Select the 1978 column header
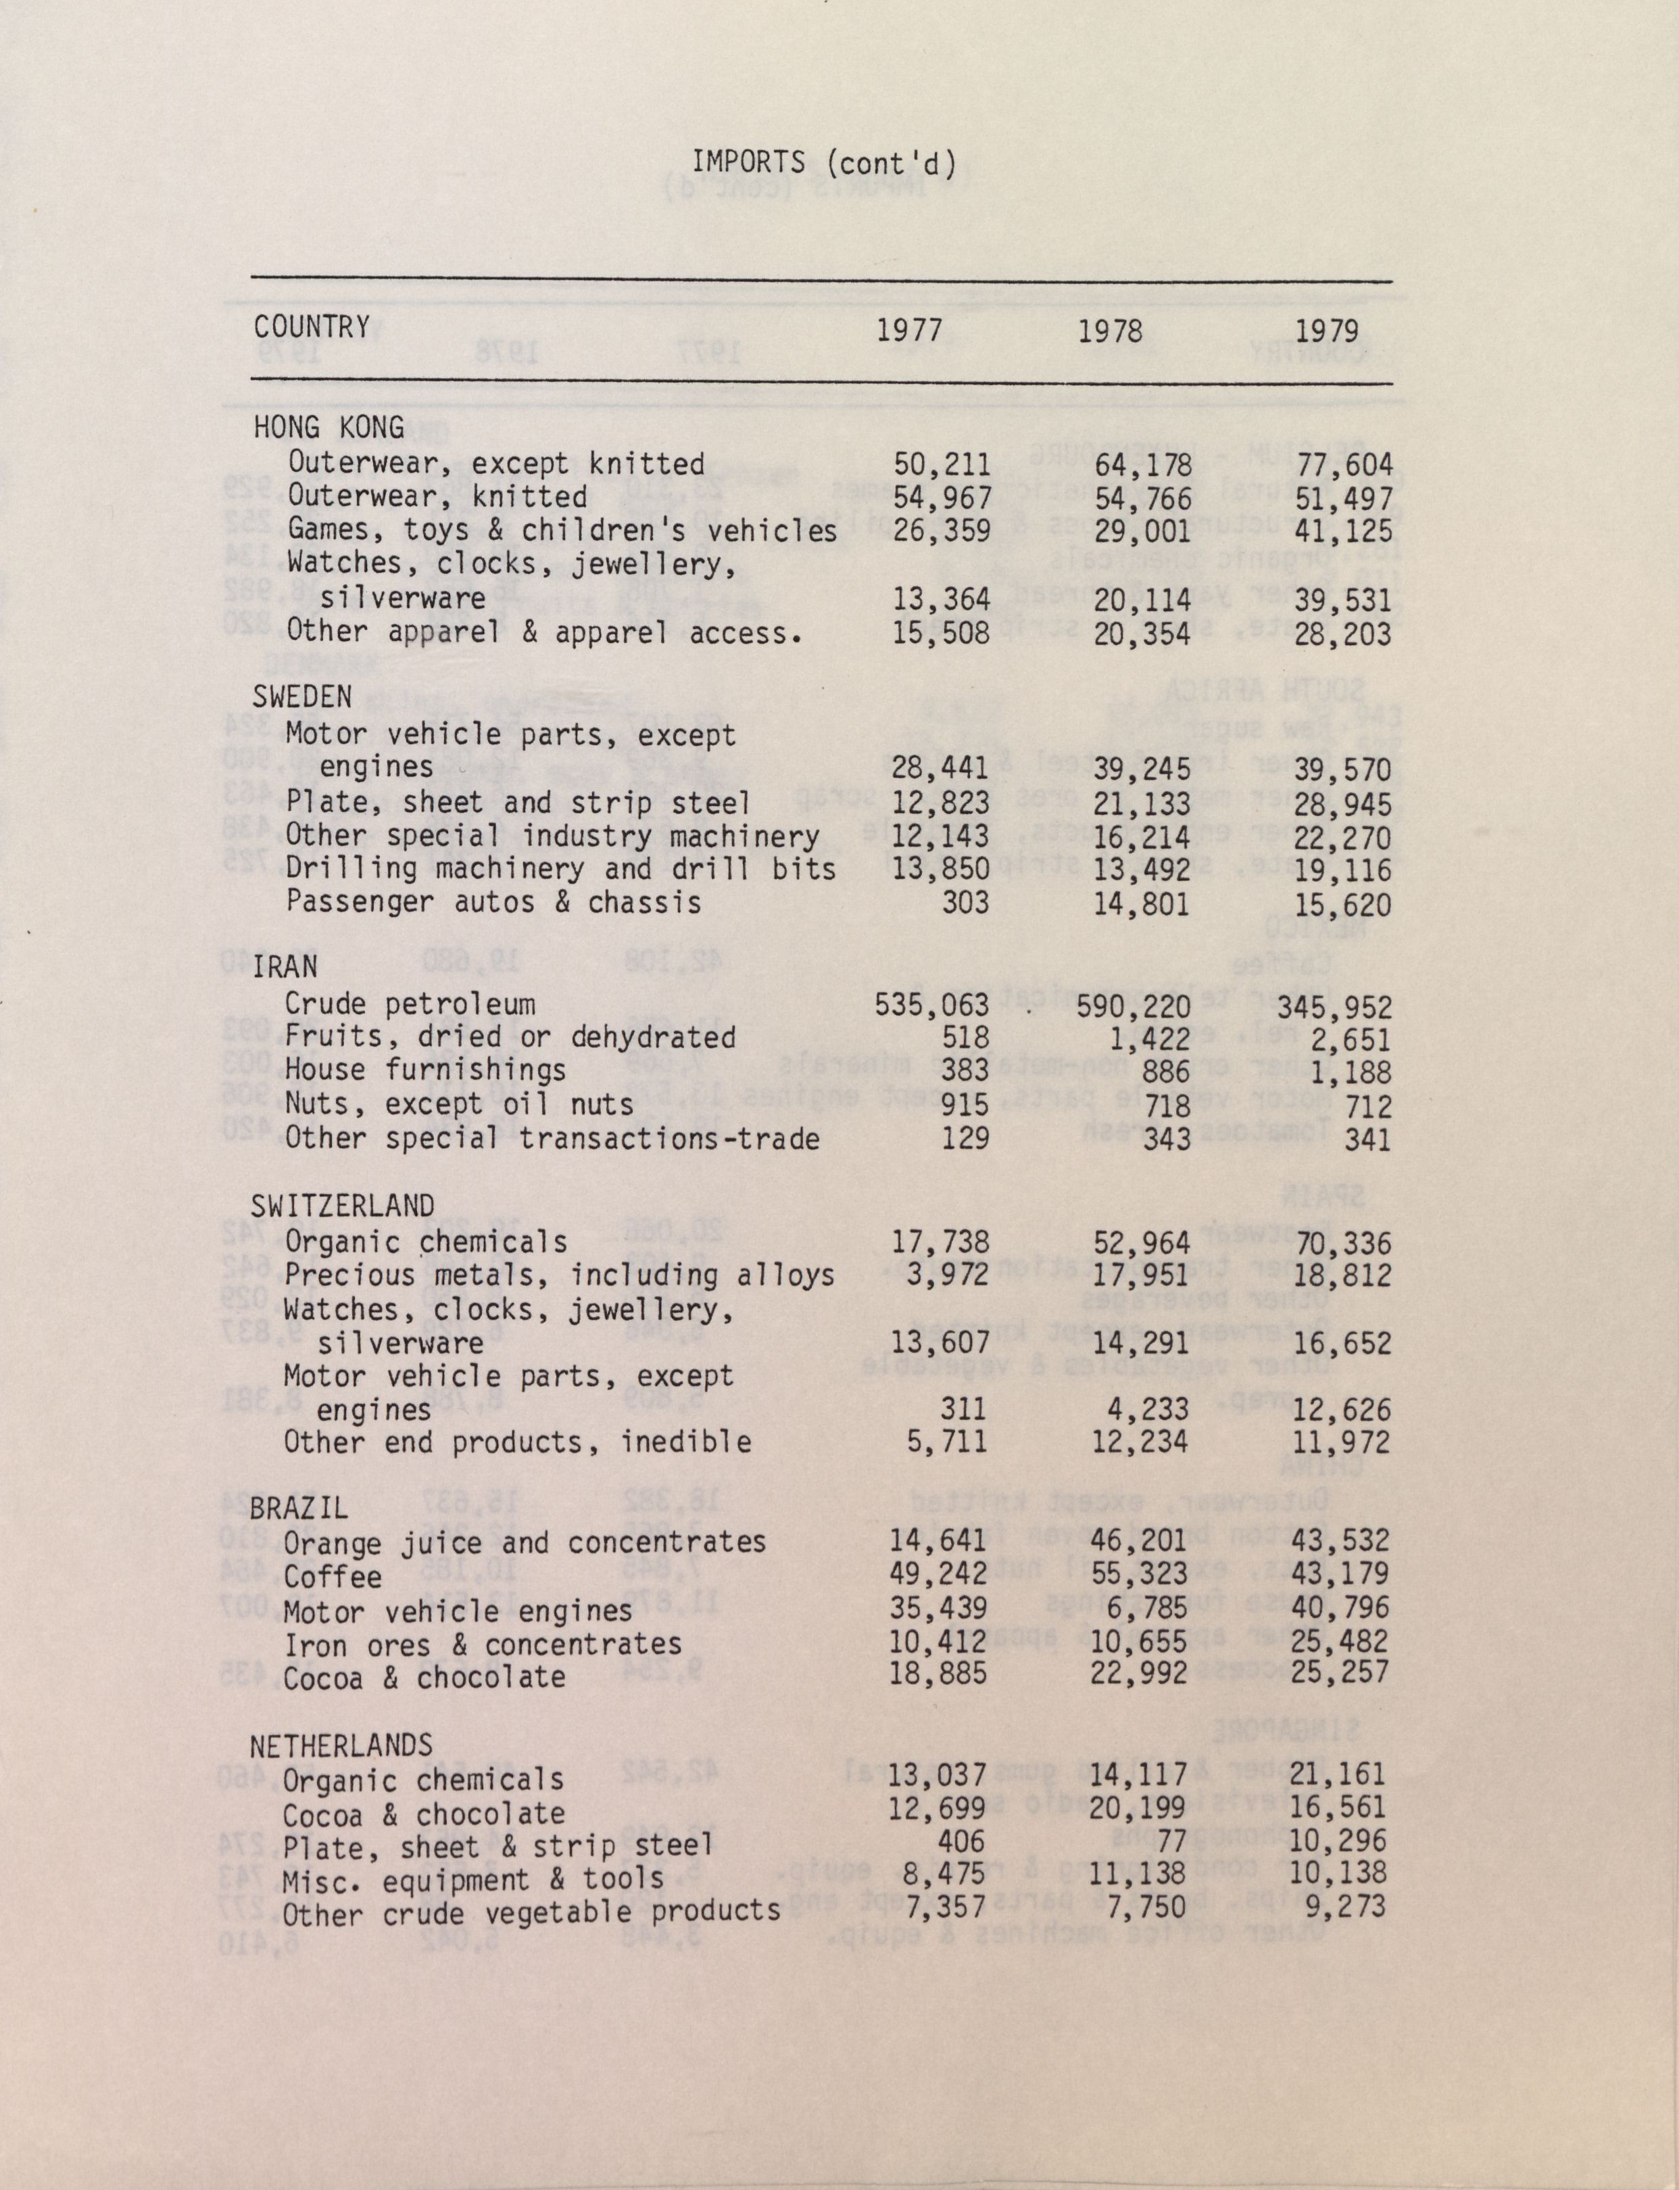click(1109, 330)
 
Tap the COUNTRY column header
click(312, 327)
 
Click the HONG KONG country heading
click(328, 428)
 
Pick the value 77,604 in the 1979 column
click(1343, 465)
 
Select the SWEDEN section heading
click(302, 696)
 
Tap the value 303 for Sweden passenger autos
click(965, 903)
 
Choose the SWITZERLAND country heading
click(343, 1206)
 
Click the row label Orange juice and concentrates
click(525, 1542)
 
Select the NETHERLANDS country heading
click(341, 1746)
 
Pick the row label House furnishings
click(426, 1070)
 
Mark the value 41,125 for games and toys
click(1343, 531)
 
